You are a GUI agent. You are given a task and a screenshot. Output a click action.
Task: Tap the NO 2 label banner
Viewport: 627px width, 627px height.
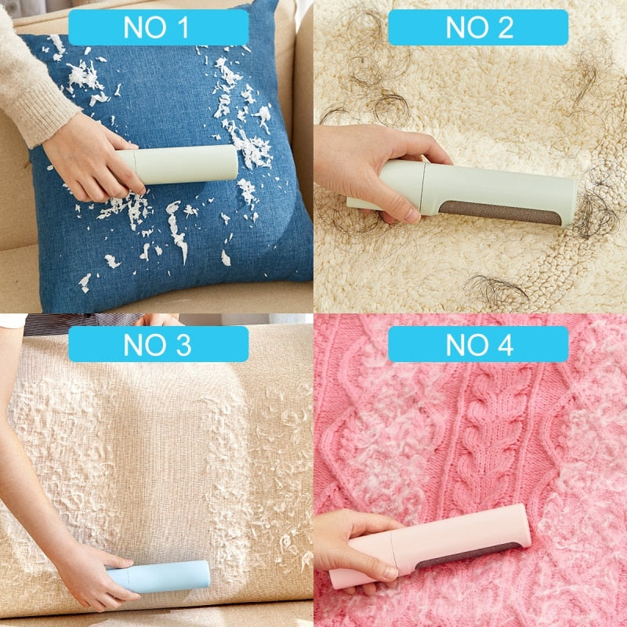pos(478,27)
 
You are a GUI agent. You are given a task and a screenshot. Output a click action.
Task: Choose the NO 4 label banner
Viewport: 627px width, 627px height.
pos(478,344)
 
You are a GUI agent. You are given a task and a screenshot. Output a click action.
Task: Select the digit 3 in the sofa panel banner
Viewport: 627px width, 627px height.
pos(182,344)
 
